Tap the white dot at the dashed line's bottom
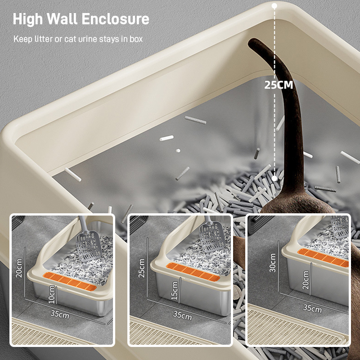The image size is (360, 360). (274, 179)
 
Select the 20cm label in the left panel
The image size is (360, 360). (19, 268)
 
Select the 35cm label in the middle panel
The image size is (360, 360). (182, 315)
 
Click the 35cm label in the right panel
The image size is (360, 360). (312, 309)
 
